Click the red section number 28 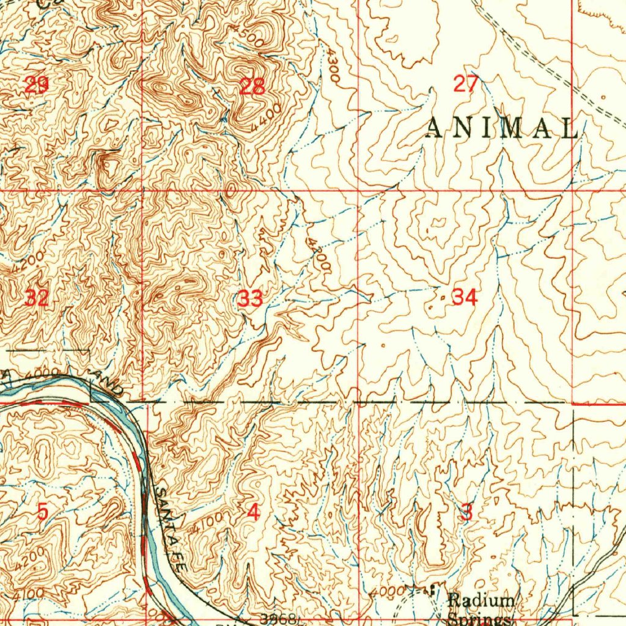[x=252, y=87]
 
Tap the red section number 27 [x=465, y=83]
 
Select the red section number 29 [x=36, y=85]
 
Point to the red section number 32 [x=36, y=298]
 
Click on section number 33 [x=251, y=299]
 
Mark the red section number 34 [x=464, y=298]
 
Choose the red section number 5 [x=42, y=511]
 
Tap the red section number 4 [x=252, y=512]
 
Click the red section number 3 [x=466, y=512]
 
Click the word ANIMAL [x=501, y=128]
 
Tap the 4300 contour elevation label [x=333, y=67]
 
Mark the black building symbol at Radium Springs [x=433, y=589]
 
